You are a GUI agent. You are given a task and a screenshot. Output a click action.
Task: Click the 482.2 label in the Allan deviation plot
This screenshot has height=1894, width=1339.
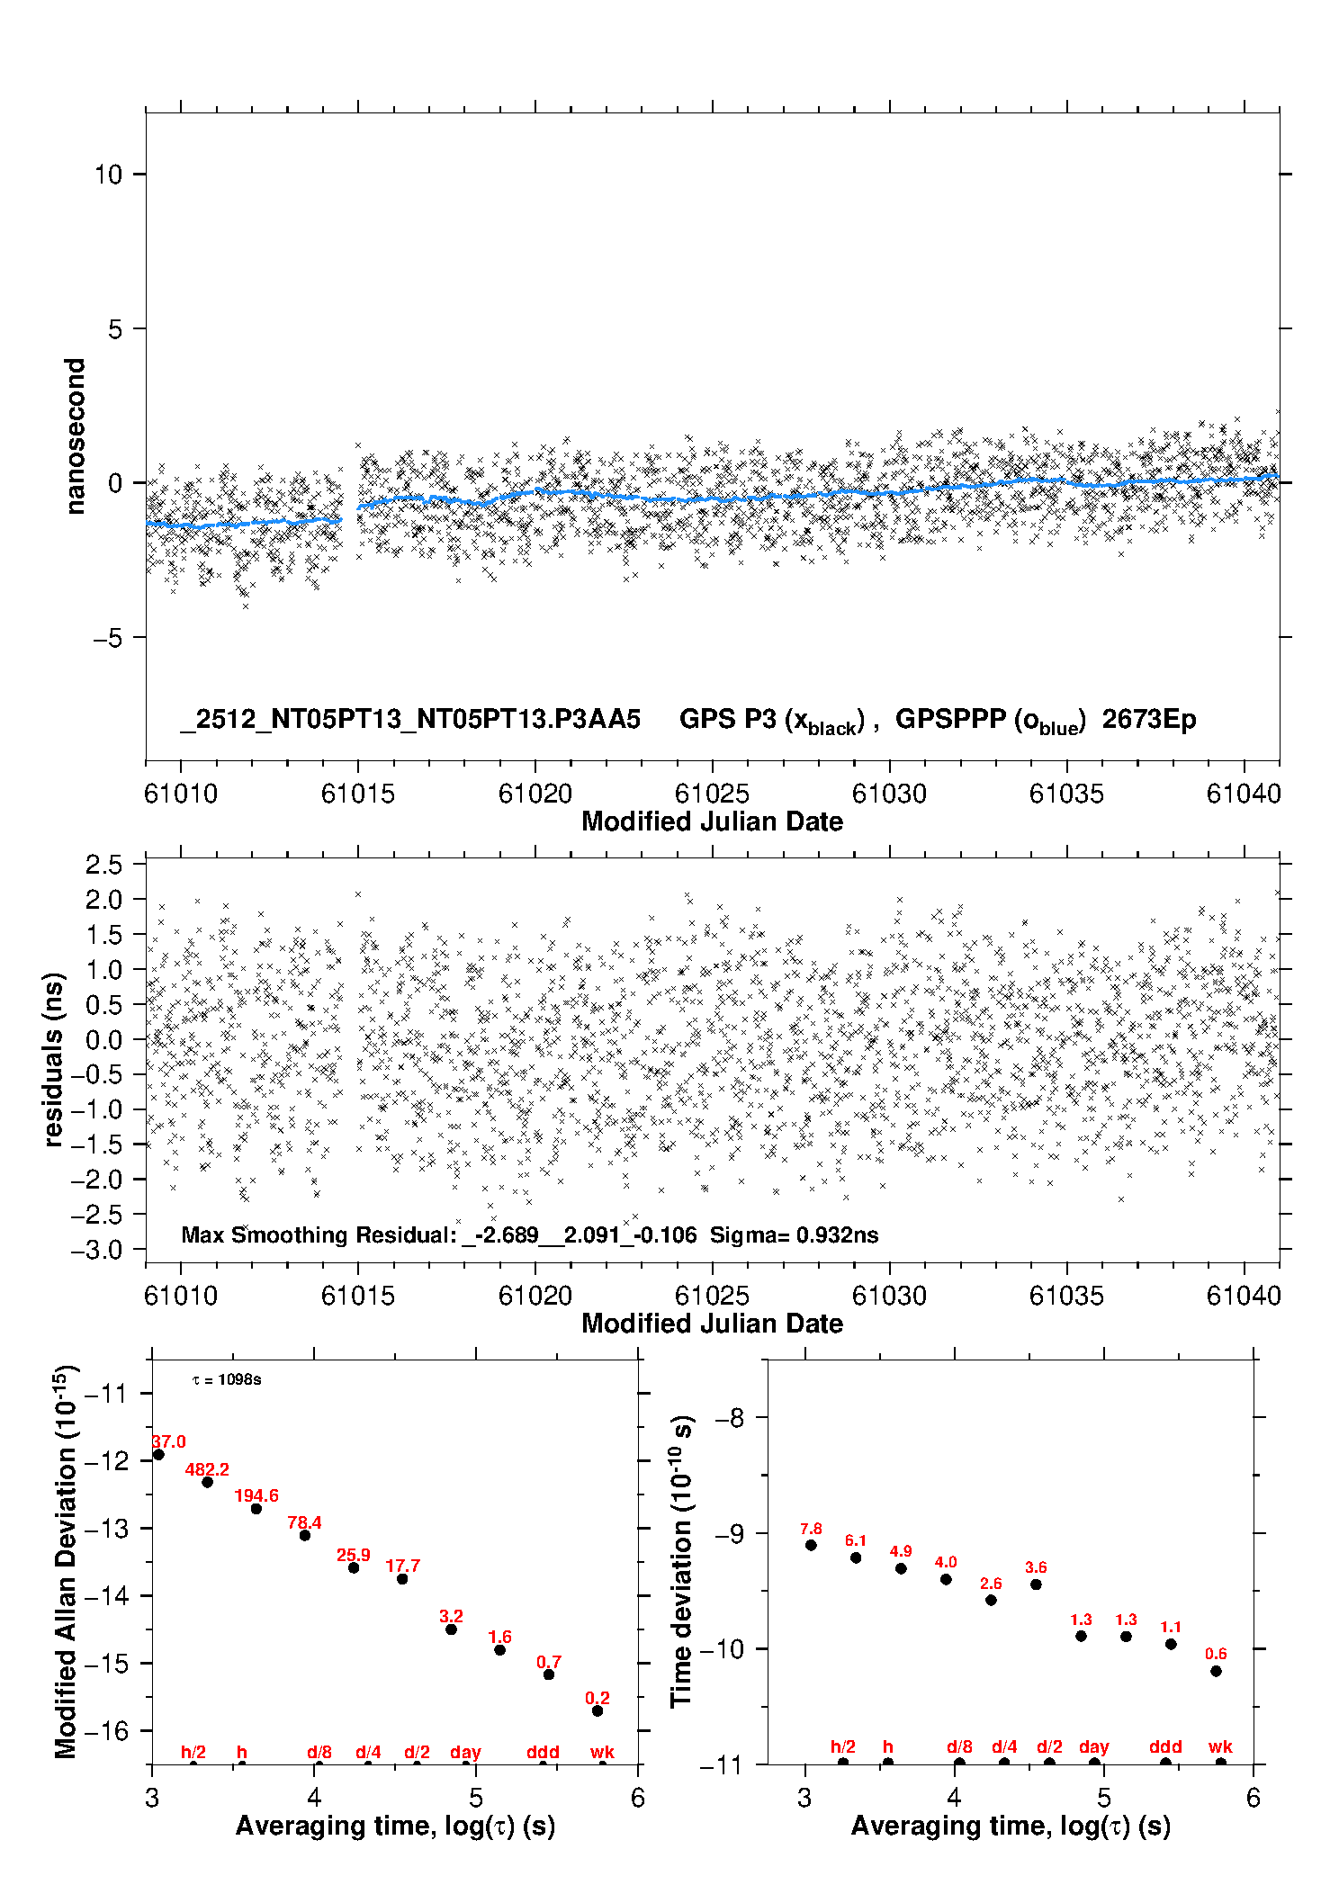tap(207, 1469)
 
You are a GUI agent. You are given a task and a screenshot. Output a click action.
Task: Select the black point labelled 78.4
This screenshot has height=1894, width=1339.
tap(305, 1534)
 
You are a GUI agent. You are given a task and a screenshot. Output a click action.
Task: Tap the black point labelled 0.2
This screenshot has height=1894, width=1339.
tap(598, 1710)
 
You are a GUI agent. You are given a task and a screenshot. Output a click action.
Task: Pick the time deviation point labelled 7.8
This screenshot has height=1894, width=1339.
tap(811, 1545)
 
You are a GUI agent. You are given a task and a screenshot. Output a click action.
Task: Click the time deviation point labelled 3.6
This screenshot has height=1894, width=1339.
tap(1036, 1584)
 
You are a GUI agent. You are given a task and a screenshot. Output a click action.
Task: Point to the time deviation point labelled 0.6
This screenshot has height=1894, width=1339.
tap(1216, 1671)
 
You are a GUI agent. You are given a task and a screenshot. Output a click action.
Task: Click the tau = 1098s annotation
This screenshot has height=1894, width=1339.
tap(227, 1379)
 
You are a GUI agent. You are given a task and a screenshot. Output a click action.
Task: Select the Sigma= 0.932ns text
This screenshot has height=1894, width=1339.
tap(794, 1234)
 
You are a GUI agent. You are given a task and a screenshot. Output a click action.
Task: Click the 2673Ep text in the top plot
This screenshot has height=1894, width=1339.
tap(1149, 720)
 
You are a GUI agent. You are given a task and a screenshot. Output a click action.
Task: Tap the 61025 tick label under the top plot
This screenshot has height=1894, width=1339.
tap(712, 794)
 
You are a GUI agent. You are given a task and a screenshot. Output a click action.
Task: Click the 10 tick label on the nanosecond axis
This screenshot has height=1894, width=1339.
tap(108, 175)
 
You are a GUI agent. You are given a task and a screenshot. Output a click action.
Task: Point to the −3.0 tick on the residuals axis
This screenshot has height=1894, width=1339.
tap(103, 1250)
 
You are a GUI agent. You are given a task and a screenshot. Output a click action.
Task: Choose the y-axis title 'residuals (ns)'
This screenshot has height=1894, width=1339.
tap(55, 1059)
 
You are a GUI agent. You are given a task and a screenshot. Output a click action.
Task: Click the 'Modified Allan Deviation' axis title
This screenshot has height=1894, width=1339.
tap(65, 1561)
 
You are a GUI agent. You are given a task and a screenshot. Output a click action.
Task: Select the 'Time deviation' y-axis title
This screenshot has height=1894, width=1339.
tap(681, 1562)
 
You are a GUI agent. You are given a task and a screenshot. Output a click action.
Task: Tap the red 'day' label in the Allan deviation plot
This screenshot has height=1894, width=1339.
tap(465, 1752)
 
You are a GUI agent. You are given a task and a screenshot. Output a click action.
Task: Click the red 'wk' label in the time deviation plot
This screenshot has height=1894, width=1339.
tap(1220, 1746)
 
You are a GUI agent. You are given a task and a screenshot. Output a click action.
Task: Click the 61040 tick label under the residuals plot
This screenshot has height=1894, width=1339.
tap(1244, 1296)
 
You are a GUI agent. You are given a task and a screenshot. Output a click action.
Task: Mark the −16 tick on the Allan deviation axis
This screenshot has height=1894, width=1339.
tap(106, 1730)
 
